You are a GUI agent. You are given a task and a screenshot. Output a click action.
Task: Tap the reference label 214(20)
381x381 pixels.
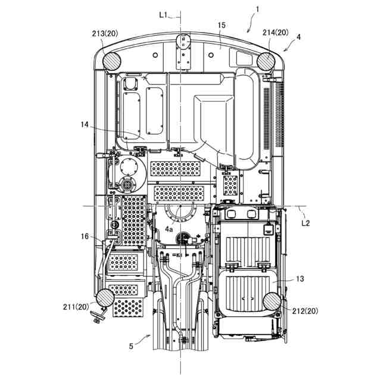pos(274,33)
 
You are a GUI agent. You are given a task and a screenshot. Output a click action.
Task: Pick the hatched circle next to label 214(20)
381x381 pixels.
pos(267,60)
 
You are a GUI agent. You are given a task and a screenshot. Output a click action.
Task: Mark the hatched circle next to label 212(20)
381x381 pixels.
pos(271,302)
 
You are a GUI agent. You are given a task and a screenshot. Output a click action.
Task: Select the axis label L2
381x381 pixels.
pos(305,223)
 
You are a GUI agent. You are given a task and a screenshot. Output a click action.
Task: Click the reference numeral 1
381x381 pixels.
pos(257,9)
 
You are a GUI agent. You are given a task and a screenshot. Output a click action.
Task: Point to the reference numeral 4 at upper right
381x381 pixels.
pos(298,37)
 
